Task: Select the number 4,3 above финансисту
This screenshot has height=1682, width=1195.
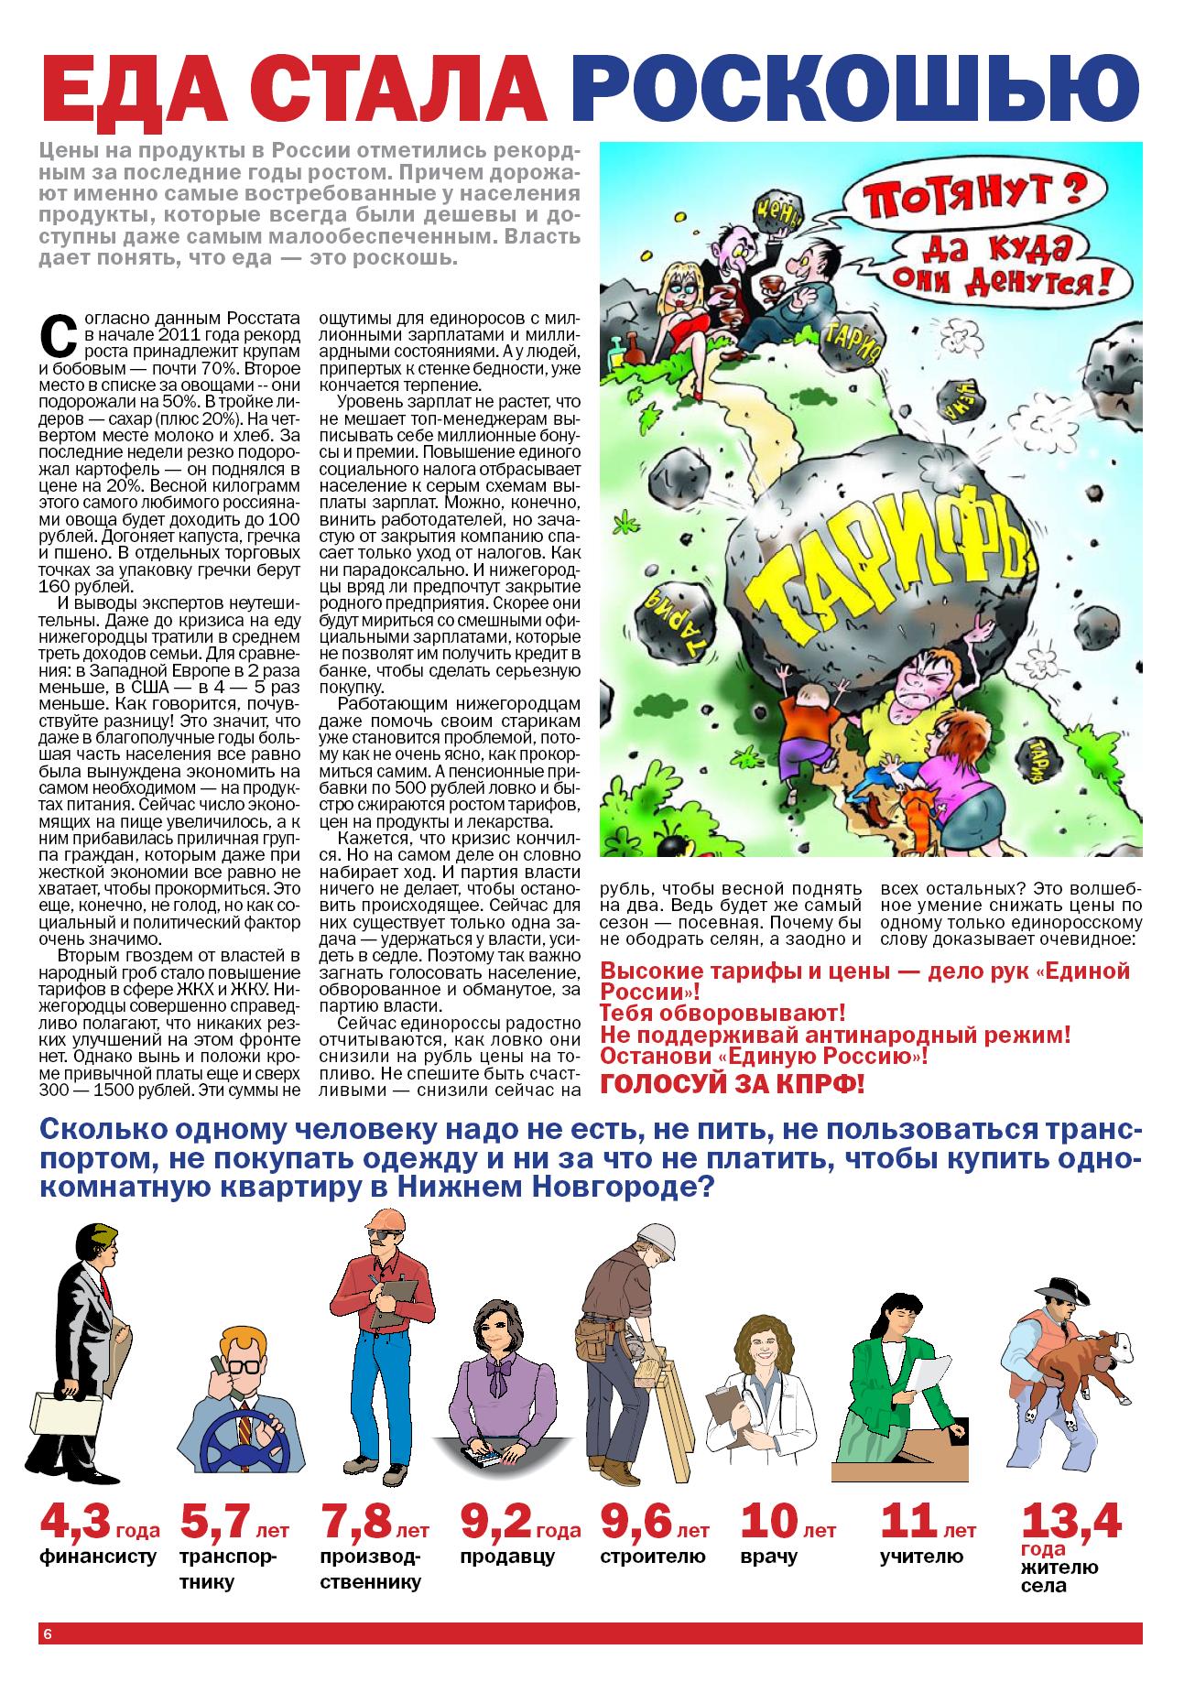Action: tap(75, 1522)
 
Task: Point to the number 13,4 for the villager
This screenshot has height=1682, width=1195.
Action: tap(1070, 1522)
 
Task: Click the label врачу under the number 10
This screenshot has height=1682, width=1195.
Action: tap(769, 1557)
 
